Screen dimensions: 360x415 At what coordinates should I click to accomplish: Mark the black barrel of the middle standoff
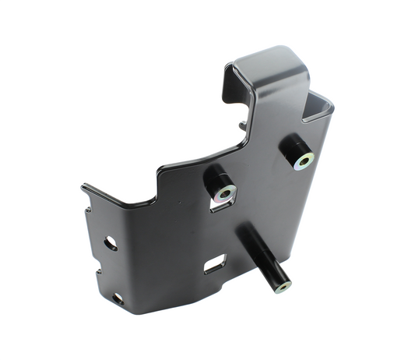click(x=214, y=180)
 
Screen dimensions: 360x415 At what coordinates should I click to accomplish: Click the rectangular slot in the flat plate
click(x=214, y=266)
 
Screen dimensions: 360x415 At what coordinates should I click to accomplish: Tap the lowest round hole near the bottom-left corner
click(x=118, y=298)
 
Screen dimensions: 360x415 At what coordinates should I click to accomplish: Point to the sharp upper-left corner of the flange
click(x=83, y=186)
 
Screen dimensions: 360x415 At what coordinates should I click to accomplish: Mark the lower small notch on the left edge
click(x=97, y=273)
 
